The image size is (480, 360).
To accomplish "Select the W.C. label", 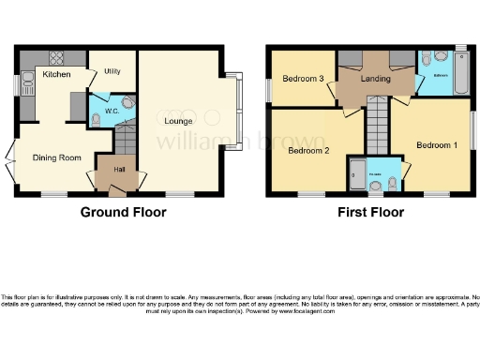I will click(x=111, y=110).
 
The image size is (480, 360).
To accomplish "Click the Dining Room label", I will click(x=55, y=157).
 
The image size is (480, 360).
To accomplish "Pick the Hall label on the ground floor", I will click(x=119, y=170).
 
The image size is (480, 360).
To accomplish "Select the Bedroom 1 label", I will click(x=437, y=145).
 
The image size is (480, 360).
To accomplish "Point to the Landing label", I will click(x=377, y=79).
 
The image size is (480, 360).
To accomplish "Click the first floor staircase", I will click(x=376, y=127).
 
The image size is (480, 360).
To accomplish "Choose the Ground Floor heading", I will click(x=122, y=212).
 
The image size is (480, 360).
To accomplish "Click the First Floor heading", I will click(x=373, y=212).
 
